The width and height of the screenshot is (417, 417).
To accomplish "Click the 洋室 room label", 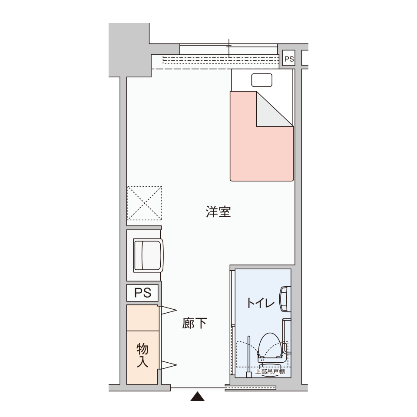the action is [x=218, y=212].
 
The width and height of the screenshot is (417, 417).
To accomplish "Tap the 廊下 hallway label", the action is [x=195, y=323].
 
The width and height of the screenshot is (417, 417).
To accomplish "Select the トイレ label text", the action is [x=260, y=303].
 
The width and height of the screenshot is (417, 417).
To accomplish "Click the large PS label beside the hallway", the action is [x=142, y=293].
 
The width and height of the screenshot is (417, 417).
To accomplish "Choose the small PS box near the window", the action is [x=289, y=59].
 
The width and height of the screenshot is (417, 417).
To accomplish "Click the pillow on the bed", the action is [x=261, y=80].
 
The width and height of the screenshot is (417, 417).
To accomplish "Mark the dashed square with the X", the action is [x=145, y=203].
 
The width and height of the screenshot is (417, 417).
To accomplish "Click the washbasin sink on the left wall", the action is [x=148, y=255].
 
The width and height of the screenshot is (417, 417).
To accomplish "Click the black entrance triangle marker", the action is [x=197, y=396].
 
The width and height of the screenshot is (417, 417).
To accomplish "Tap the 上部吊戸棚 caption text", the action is [x=270, y=371].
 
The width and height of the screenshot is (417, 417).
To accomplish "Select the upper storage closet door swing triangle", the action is [x=168, y=310].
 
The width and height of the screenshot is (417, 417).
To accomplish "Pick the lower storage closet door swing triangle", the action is [x=168, y=365].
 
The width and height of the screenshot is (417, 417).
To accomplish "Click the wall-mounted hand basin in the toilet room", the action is [x=285, y=299].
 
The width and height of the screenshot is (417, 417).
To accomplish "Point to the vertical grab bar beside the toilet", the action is [x=249, y=356].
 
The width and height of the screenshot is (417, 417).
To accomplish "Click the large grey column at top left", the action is [x=129, y=50].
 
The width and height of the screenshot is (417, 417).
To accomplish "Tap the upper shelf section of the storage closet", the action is [x=142, y=318].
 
